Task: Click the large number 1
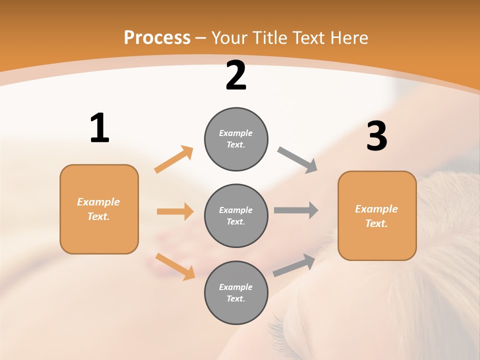pos(99,128)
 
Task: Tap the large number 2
pos(236,75)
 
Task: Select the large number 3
pos(377,136)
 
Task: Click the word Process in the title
pos(157,37)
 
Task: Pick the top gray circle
pos(236,139)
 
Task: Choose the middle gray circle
pos(236,215)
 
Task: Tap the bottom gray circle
pos(236,292)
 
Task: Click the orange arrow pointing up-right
pos(174,159)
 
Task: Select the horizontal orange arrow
pos(175,211)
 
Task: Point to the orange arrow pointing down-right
pos(175,266)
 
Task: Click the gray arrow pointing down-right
pos(297,160)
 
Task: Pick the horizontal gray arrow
pos(296,210)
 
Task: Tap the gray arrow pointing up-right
pos(294,265)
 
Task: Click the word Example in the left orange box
pos(98,202)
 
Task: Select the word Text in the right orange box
pos(376,223)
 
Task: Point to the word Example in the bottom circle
pos(236,287)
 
